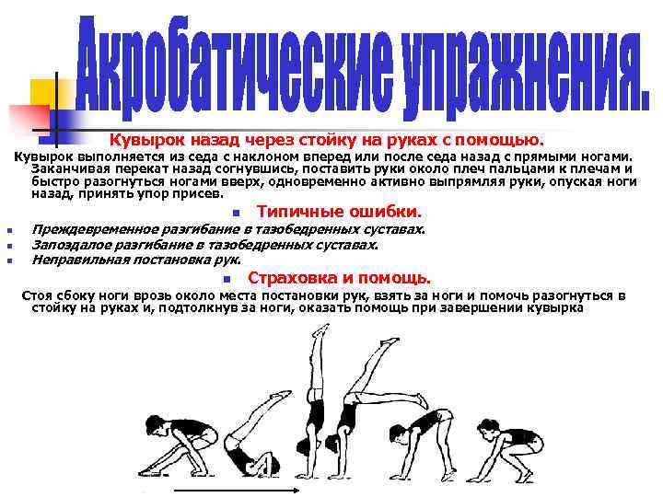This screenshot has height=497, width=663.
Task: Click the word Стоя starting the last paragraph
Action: click(36, 295)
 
